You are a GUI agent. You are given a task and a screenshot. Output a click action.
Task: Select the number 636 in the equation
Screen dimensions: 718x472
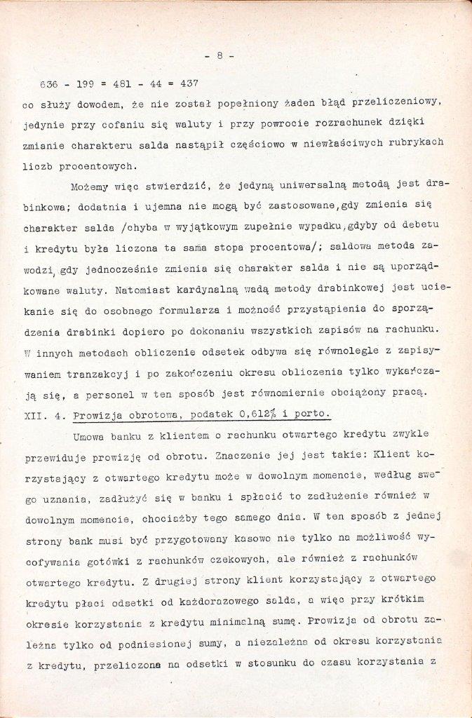49,83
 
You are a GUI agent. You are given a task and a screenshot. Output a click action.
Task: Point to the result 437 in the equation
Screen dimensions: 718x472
189,83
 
